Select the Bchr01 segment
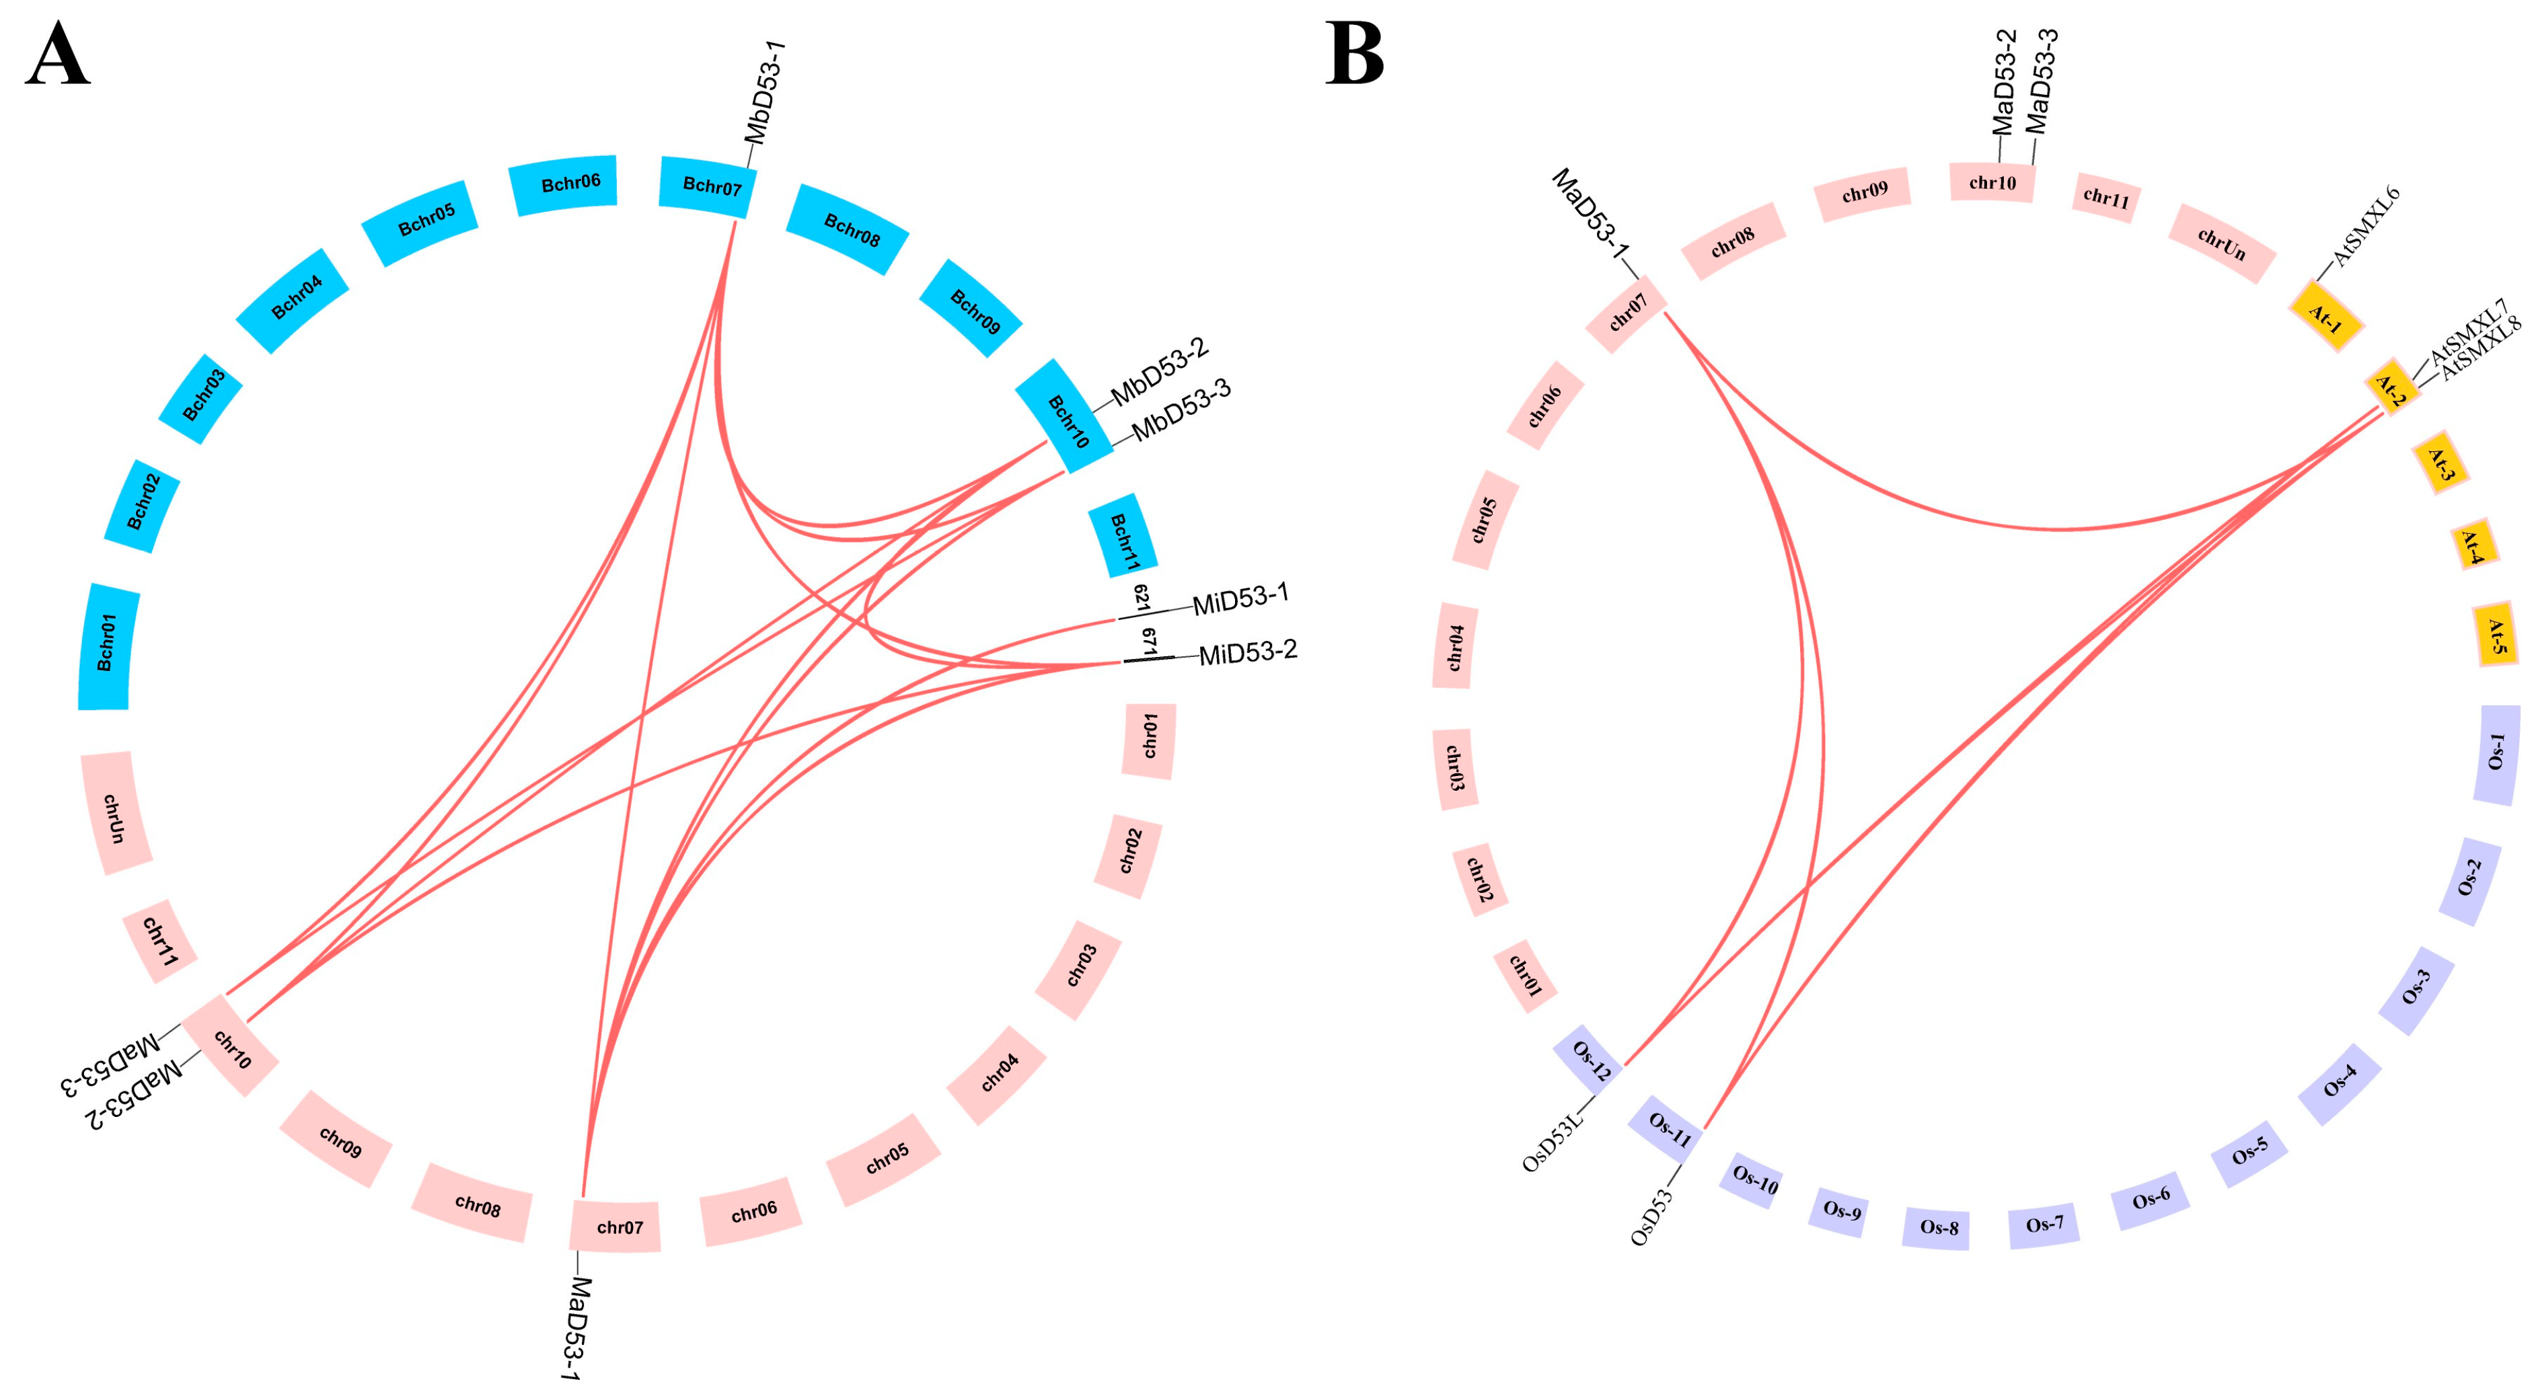[x=106, y=646]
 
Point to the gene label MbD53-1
[x=766, y=93]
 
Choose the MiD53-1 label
[x=1240, y=599]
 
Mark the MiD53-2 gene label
[x=1247, y=652]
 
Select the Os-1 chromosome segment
[x=2496, y=754]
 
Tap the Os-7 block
[x=2044, y=1226]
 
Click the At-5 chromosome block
[x=2496, y=635]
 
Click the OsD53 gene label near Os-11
[x=1652, y=1218]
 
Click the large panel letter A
[x=57, y=57]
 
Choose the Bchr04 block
[x=293, y=299]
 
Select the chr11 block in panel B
[x=2105, y=198]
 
